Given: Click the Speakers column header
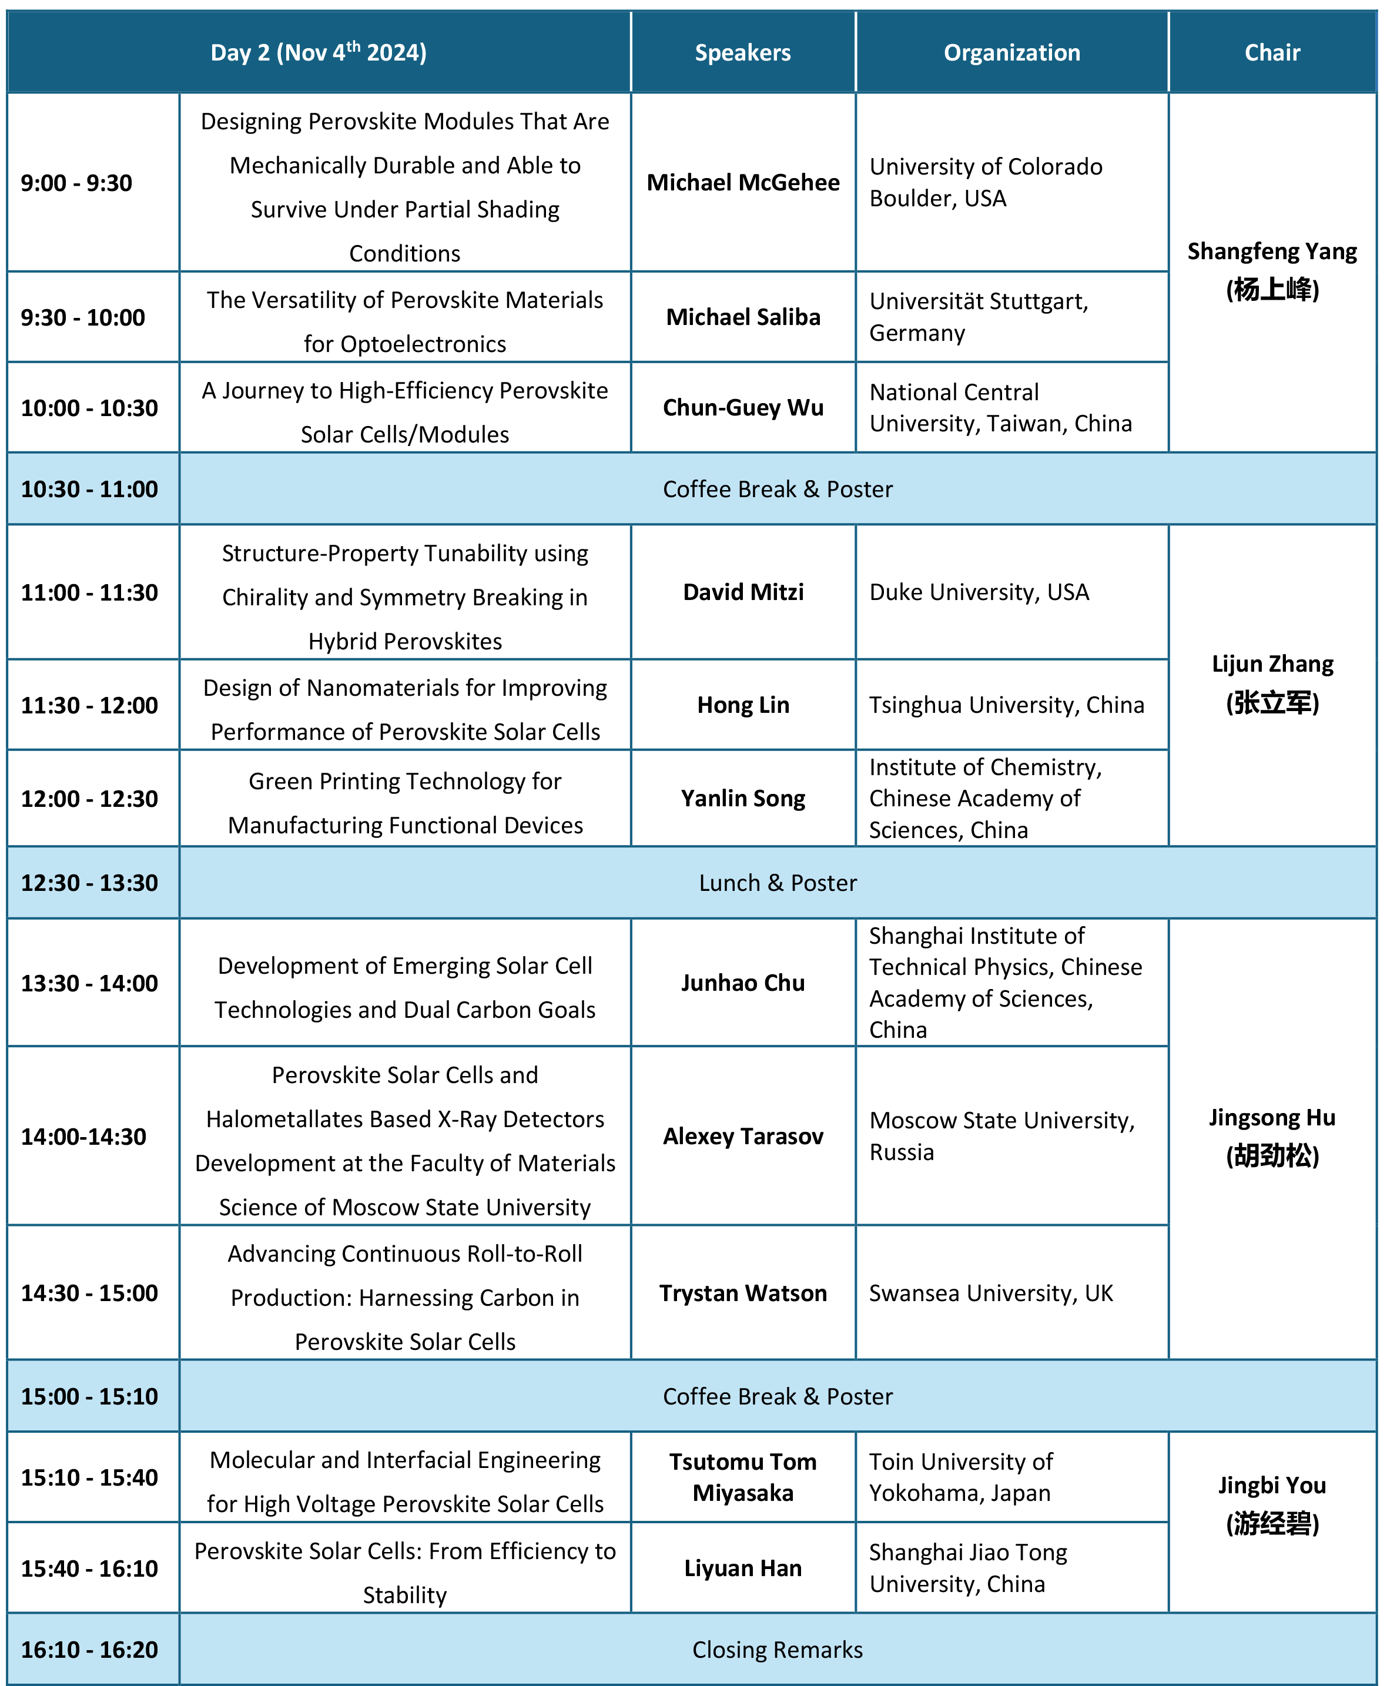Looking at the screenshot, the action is tap(743, 53).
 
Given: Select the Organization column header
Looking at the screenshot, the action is tap(1011, 53).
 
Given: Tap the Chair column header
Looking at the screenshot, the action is tap(1272, 53).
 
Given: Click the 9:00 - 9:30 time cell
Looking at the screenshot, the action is tap(76, 183).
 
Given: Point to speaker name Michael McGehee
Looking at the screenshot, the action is tap(743, 182).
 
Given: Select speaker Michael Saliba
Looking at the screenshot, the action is tap(743, 317).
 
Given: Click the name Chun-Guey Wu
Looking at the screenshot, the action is tap(743, 408).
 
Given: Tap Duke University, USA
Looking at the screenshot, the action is tap(980, 592).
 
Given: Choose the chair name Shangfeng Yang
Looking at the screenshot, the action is tap(1272, 252).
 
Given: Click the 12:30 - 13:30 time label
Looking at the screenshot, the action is tap(89, 883).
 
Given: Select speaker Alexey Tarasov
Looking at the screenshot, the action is tap(743, 1137).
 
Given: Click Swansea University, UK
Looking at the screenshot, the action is tap(991, 1293).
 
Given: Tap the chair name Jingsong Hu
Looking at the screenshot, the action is tap(1272, 1118).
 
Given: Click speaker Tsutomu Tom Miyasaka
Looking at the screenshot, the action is tap(743, 1477).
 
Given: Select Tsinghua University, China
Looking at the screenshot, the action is tap(1007, 705).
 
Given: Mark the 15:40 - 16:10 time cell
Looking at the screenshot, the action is tap(89, 1569).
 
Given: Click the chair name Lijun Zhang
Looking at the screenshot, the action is tap(1272, 664).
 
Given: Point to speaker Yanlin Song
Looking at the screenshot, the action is tap(743, 798).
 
